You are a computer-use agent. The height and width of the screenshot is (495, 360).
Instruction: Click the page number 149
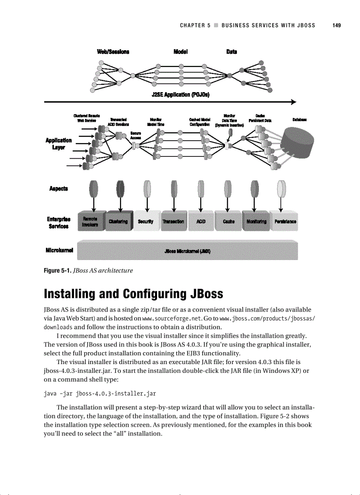[x=336, y=25]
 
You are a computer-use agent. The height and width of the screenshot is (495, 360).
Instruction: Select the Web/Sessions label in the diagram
[x=113, y=52]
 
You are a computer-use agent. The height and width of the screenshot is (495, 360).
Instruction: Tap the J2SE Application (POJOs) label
[x=180, y=95]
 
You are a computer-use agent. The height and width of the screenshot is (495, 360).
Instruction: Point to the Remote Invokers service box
[x=90, y=221]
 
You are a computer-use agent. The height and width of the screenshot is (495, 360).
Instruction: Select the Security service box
[x=146, y=221]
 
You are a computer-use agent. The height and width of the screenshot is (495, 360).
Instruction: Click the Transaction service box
[x=173, y=221]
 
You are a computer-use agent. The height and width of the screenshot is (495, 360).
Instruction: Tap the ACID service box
[x=201, y=221]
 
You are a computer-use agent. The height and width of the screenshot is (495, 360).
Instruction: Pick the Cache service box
[x=229, y=221]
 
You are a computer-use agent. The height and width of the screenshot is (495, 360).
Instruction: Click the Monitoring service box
[x=256, y=221]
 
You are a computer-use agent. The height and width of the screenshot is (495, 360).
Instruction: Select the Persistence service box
[x=285, y=221]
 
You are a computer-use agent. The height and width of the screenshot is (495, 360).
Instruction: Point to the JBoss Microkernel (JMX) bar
[x=187, y=251]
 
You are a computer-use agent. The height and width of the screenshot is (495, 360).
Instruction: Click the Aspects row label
[x=58, y=189]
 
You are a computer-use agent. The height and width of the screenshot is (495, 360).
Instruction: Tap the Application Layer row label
[x=58, y=144]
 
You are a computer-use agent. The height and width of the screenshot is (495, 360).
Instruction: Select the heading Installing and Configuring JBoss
[x=133, y=294]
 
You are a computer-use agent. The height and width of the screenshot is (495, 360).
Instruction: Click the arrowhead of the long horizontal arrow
[x=292, y=102]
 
